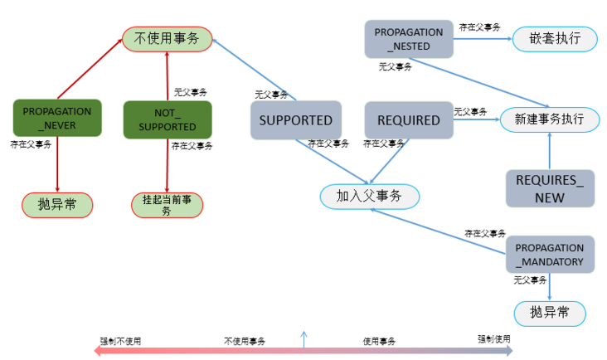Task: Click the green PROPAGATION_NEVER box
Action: [x=57, y=119]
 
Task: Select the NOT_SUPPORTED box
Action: [x=167, y=119]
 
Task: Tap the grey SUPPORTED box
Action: [x=295, y=120]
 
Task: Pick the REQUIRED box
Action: [x=409, y=120]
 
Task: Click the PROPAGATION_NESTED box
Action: [x=409, y=39]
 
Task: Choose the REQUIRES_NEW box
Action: [x=550, y=187]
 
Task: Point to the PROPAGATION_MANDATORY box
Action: [x=550, y=255]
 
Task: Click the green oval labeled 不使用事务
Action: [x=167, y=38]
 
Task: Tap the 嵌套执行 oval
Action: [x=554, y=39]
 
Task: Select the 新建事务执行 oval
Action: [x=550, y=119]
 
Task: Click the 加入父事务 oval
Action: [x=369, y=196]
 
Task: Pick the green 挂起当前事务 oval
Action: [x=167, y=205]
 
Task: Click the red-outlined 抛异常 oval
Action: [x=57, y=204]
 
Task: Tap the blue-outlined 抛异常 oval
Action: [x=550, y=313]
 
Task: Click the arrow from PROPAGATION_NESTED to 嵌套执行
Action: [x=482, y=39]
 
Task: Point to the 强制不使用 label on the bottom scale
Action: [x=121, y=341]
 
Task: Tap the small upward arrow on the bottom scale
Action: [x=303, y=338]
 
